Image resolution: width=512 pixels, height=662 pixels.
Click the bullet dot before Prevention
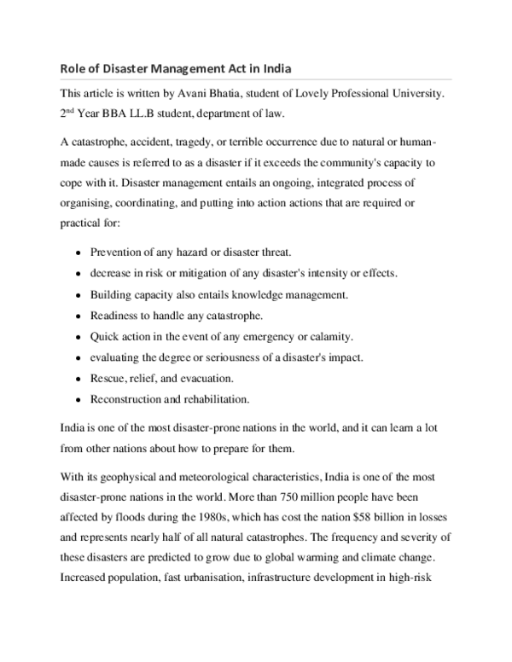79,254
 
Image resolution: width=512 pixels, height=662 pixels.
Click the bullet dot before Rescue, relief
79,377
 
